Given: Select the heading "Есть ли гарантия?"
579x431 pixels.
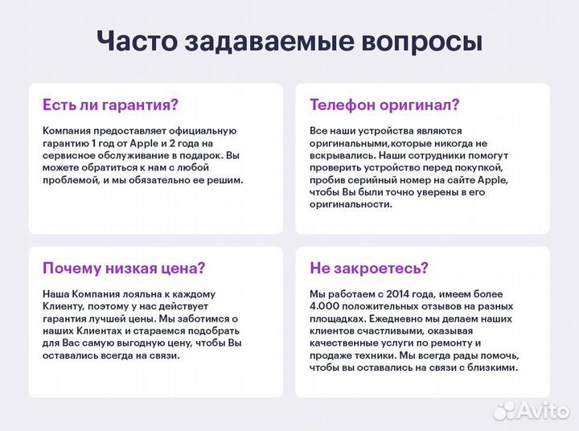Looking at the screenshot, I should tap(110, 105).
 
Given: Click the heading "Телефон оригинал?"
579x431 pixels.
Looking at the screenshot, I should tap(384, 105).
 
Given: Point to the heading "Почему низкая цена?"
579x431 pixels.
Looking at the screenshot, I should tap(124, 268).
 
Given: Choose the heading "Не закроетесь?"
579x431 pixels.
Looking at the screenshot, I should tap(369, 268).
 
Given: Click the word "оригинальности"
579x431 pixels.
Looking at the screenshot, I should tap(351, 204).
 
